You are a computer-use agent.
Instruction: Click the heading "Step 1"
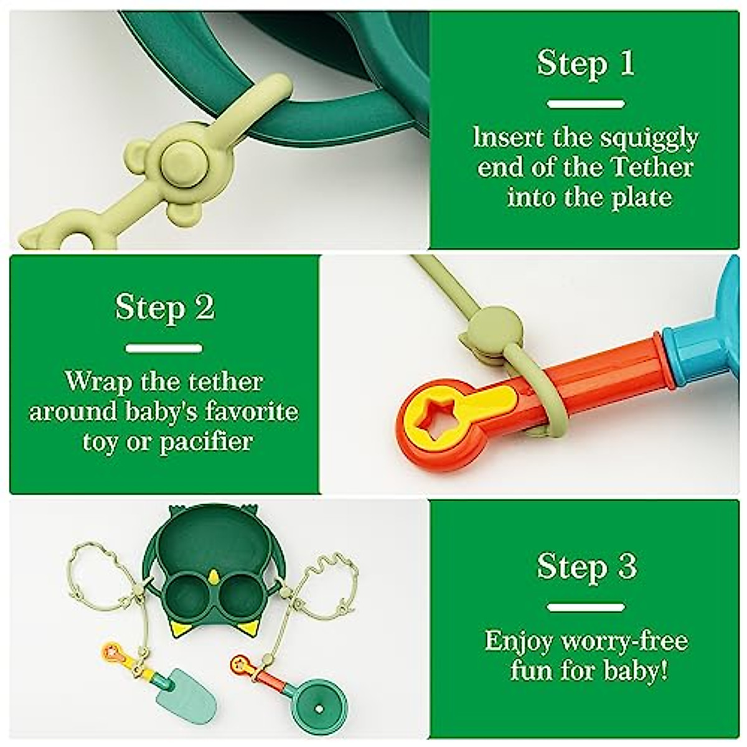(586, 63)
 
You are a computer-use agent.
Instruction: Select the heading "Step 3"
(586, 566)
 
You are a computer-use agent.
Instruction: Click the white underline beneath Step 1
(586, 104)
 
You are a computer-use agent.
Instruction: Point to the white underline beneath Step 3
(586, 607)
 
